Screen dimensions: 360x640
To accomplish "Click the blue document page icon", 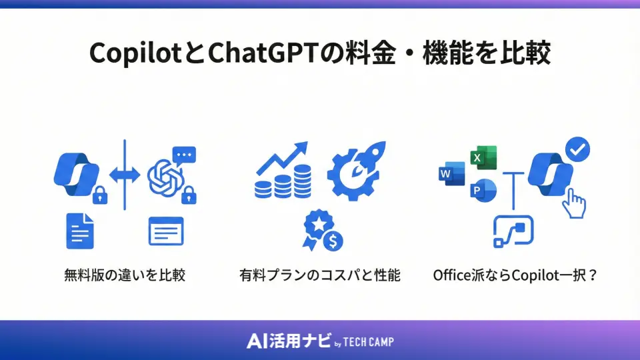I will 80,231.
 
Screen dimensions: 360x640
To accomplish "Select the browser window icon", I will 165,231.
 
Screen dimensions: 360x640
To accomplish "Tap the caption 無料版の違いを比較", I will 125,275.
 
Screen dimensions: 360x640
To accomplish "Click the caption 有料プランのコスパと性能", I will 320,275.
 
